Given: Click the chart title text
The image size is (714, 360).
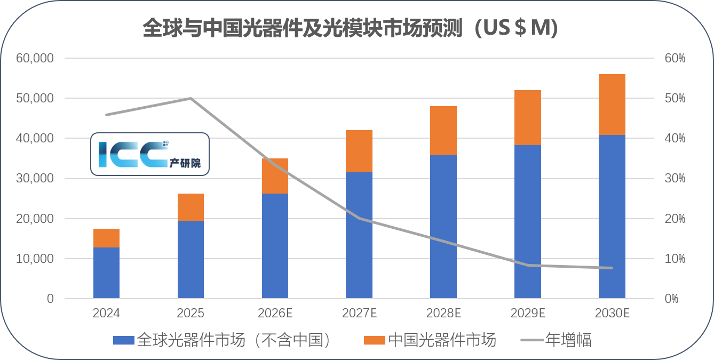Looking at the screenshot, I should tap(350, 29).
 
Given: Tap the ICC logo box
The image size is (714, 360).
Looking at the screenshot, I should tap(149, 154).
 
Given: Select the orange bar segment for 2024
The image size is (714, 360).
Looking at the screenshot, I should tap(106, 238).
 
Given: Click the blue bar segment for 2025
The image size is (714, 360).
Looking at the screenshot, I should tap(191, 259).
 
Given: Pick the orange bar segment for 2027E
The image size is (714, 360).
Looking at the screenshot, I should tap(359, 151).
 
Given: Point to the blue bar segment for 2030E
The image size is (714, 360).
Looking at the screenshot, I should tap(612, 217).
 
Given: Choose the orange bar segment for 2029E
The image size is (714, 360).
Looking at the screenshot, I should tap(528, 117).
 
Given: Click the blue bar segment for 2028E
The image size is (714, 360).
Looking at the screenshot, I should tap(443, 227).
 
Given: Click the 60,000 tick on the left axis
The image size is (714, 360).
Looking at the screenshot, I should tap(35, 58).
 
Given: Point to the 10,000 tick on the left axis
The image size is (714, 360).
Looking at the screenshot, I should tap(35, 259).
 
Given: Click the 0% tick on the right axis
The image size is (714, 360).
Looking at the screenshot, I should tap(671, 299).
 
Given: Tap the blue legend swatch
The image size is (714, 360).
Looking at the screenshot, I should tap(124, 340).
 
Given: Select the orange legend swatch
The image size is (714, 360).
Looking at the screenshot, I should tap(374, 340).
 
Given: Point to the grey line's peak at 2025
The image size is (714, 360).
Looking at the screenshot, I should tap(191, 98).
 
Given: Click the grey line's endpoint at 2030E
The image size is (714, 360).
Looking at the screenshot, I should tap(612, 268).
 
